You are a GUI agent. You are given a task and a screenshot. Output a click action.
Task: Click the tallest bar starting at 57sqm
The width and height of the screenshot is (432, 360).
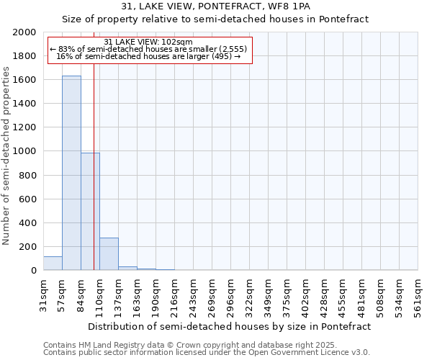pos(71,173)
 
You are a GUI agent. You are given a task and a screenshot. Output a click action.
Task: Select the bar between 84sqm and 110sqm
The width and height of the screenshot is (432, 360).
pos(90,212)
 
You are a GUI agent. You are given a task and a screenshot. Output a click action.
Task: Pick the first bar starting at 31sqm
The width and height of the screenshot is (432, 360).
pos(53,264)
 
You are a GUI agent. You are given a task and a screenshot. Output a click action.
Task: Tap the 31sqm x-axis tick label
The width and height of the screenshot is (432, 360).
pos(43,296)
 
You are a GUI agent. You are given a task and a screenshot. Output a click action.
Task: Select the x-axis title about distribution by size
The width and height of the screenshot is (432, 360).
pos(230,326)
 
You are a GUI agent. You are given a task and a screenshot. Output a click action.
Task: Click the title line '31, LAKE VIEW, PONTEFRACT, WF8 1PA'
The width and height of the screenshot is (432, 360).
pos(215,6)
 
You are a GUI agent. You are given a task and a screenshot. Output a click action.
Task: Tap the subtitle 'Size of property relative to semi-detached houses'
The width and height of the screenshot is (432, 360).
pos(215,19)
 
